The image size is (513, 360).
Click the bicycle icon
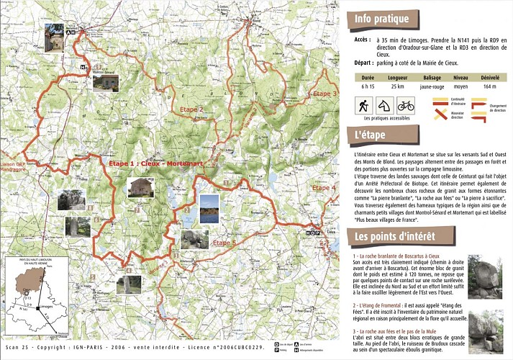pyautogui.click(x=406, y=105)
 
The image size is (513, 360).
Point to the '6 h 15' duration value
pyautogui.click(x=368, y=86)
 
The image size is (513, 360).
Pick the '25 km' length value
pyautogui.click(x=398, y=86)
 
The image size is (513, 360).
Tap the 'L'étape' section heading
pyautogui.click(x=371, y=134)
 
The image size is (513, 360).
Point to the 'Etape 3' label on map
pyautogui.click(x=324, y=94)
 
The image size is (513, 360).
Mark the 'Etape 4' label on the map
pyautogui.click(x=324, y=188)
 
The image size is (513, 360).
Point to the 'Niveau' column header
pyautogui.click(x=460, y=76)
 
